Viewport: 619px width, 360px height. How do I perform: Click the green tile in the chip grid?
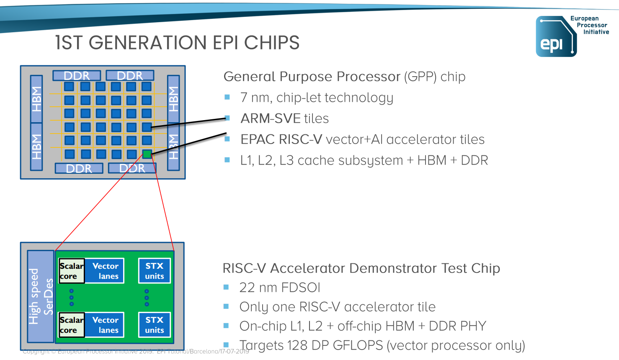point(147,154)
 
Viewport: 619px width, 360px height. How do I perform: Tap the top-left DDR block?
point(77,76)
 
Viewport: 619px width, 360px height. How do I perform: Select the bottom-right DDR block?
point(132,168)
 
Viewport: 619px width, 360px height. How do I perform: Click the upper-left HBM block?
point(37,99)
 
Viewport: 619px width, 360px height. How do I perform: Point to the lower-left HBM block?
point(37,147)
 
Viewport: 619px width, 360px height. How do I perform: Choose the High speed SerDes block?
point(41,296)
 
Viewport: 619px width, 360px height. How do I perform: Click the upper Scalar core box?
point(72,271)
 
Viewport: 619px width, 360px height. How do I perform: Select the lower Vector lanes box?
point(105,325)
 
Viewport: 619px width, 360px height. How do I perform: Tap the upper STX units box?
point(155,271)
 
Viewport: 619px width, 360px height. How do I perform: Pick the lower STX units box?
point(155,325)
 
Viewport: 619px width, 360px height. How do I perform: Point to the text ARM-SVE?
point(270,118)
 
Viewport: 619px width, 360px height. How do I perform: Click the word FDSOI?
point(300,288)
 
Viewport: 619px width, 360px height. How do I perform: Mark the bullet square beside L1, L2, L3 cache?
point(227,160)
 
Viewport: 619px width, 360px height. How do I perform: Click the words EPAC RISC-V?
point(281,139)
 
